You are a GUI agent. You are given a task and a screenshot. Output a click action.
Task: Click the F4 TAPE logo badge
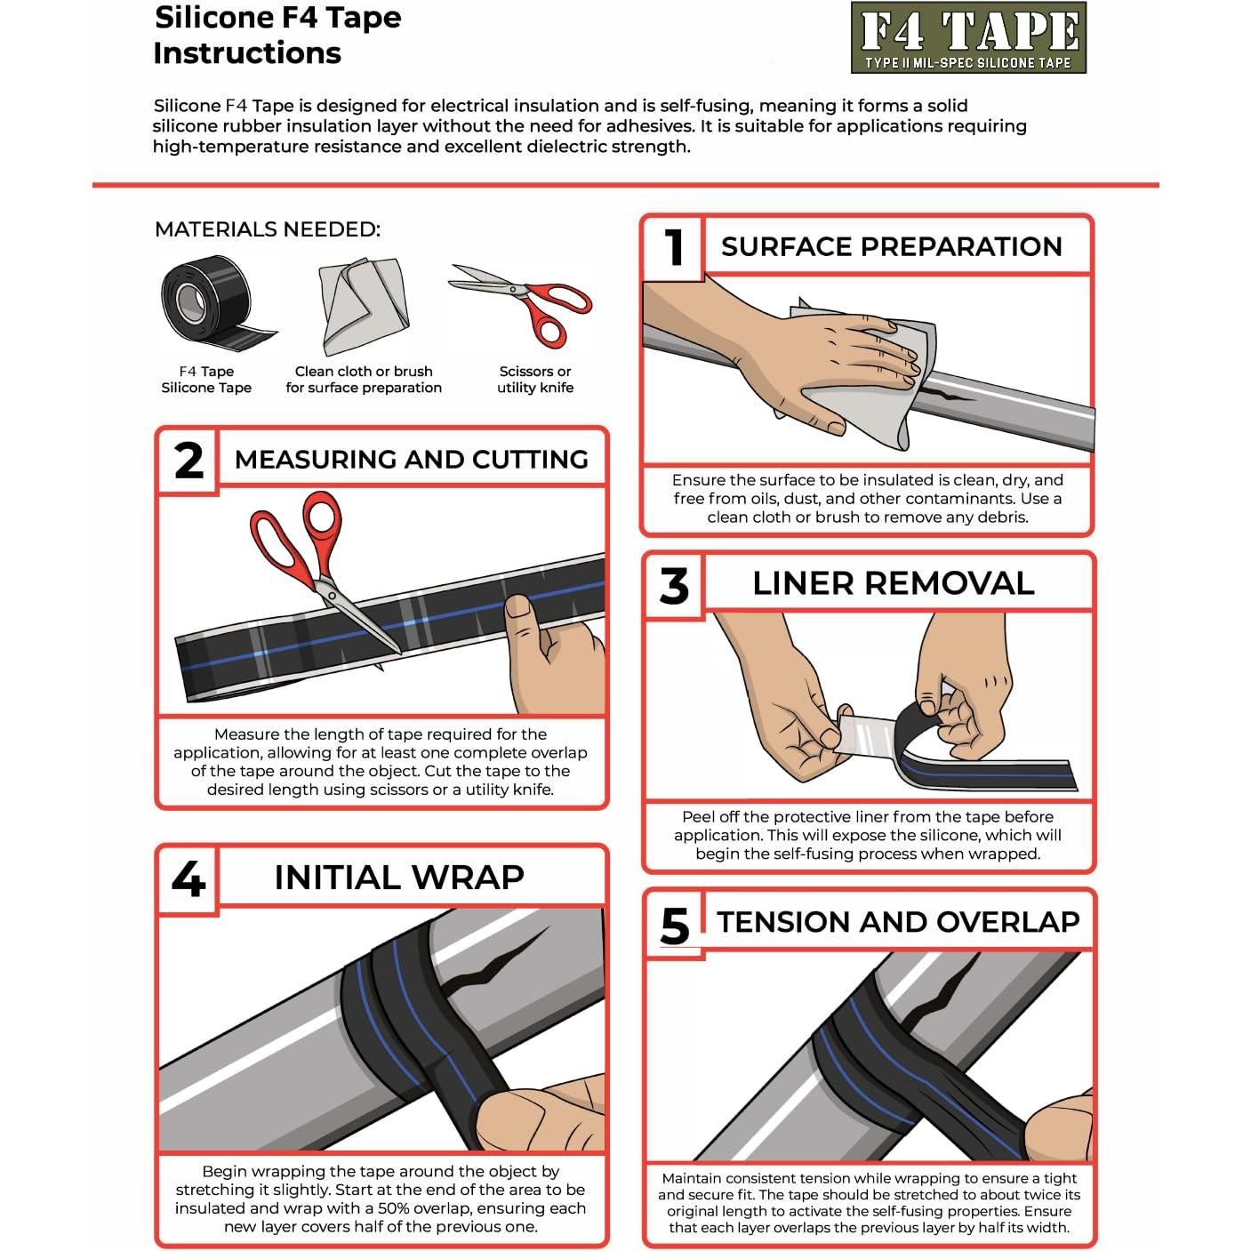click(x=968, y=37)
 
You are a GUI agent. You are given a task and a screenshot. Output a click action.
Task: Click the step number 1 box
click(x=673, y=245)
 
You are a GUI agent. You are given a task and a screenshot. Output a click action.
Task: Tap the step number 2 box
click(x=188, y=460)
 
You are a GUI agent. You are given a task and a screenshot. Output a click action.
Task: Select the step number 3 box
click(x=674, y=584)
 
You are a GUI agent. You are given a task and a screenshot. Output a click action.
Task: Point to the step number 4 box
click(x=188, y=878)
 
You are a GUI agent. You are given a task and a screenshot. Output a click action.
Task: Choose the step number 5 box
click(x=675, y=925)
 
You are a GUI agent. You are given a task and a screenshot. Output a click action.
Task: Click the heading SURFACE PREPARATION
click(x=891, y=246)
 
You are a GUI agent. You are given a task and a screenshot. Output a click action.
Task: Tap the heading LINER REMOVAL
click(x=893, y=583)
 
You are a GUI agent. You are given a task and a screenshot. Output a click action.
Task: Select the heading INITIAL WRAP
click(x=399, y=878)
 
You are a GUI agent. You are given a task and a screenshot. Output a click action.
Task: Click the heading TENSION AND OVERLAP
click(x=898, y=922)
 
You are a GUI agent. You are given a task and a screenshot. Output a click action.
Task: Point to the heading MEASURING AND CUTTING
click(x=411, y=459)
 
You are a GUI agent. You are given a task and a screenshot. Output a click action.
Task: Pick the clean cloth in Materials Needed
click(x=363, y=307)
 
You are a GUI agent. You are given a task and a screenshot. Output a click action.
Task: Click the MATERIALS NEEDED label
click(x=267, y=229)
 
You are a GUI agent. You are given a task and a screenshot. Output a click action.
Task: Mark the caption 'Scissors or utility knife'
click(x=534, y=380)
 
